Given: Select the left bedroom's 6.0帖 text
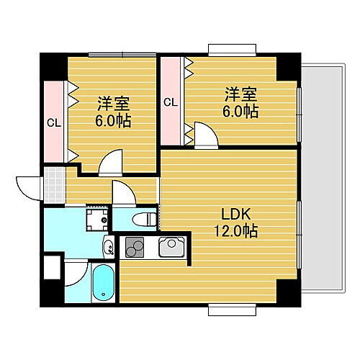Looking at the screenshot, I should [x=113, y=121].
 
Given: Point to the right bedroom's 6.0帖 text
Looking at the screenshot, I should [x=241, y=112].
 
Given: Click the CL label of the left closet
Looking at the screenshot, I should [x=54, y=122].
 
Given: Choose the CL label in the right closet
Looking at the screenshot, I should [x=171, y=102].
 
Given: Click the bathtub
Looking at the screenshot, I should [x=103, y=283].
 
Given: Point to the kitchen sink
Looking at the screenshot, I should [x=173, y=248].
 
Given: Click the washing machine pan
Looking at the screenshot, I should [x=96, y=217].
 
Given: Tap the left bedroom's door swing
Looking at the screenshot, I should [x=112, y=163].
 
